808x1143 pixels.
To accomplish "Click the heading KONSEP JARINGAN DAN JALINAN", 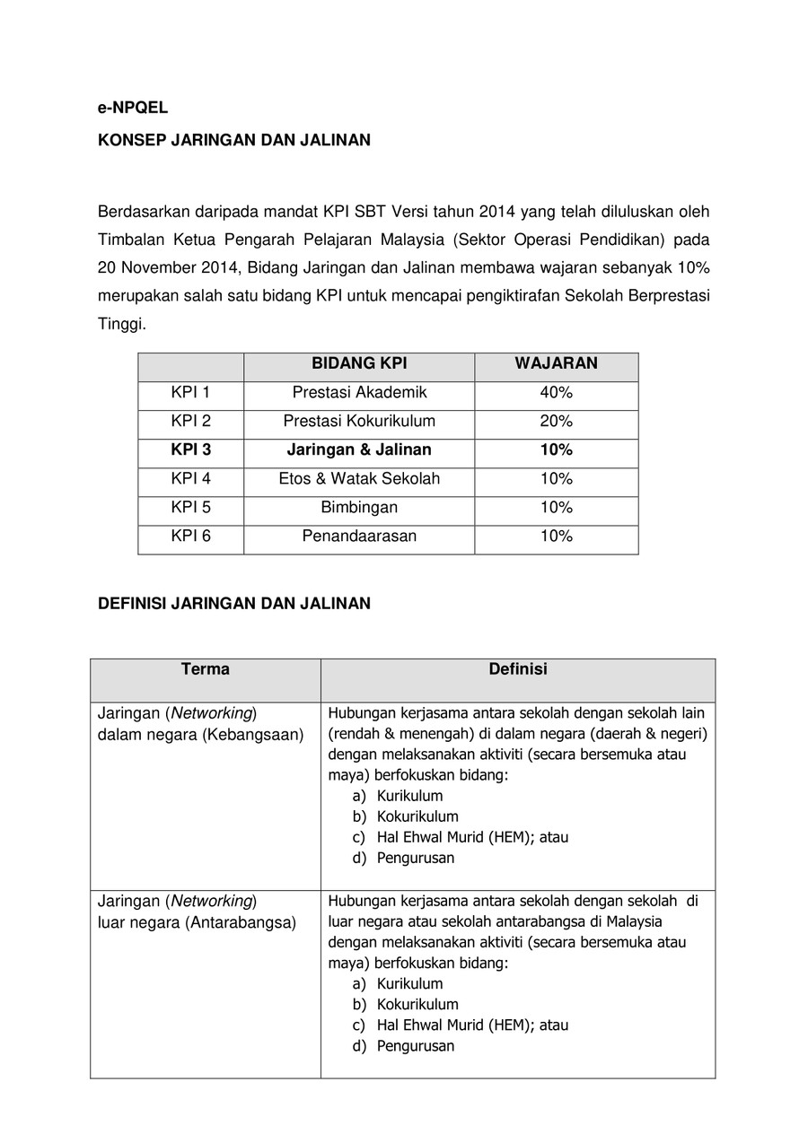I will (233, 141).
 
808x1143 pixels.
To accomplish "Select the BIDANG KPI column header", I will (359, 363).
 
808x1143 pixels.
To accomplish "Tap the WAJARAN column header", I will (556, 363).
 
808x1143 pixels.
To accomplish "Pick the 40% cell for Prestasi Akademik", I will (556, 392).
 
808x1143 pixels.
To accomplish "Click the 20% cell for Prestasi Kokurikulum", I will (556, 421).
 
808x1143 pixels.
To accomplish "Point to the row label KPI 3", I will (190, 449).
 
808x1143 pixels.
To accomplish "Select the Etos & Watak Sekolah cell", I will (359, 478).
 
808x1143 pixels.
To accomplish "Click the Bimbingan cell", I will (359, 507).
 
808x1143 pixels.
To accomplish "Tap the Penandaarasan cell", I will (359, 536).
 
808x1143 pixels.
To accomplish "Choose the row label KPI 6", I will (190, 536).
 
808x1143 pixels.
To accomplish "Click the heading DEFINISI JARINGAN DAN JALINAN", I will (233, 604).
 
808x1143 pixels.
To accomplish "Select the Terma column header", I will (206, 669).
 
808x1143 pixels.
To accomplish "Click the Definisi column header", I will (518, 669).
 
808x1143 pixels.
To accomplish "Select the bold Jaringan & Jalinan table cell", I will (359, 449).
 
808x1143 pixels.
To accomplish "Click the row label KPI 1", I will (190, 392).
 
